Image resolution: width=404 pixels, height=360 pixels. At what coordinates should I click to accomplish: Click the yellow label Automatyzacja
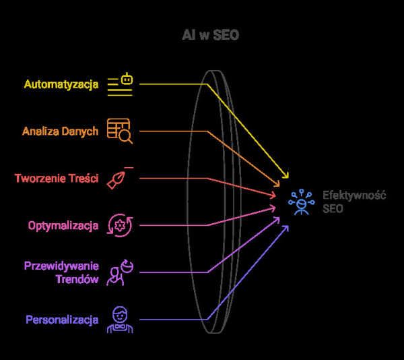(x=61, y=85)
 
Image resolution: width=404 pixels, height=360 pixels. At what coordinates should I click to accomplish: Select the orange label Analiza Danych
(x=60, y=131)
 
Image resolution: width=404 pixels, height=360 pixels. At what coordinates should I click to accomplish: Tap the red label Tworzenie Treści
(x=57, y=179)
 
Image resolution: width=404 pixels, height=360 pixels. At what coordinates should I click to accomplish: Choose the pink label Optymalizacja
(x=63, y=225)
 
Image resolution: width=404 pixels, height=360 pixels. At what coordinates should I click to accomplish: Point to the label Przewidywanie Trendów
(x=61, y=272)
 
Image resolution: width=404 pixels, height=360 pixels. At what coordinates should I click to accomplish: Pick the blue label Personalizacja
(x=62, y=320)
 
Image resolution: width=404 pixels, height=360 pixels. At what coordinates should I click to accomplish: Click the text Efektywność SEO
(x=353, y=202)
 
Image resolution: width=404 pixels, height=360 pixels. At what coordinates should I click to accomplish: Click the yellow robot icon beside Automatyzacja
(x=121, y=85)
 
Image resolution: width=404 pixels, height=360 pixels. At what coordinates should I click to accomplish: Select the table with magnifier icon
(x=120, y=131)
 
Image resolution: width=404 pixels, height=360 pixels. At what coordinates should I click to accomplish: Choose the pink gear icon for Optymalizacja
(x=121, y=225)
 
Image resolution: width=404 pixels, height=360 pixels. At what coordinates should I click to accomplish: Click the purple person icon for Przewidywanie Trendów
(x=120, y=272)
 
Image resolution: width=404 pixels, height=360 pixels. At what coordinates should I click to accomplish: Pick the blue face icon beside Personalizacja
(x=120, y=320)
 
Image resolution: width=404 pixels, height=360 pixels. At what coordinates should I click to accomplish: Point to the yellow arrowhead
(x=286, y=175)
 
